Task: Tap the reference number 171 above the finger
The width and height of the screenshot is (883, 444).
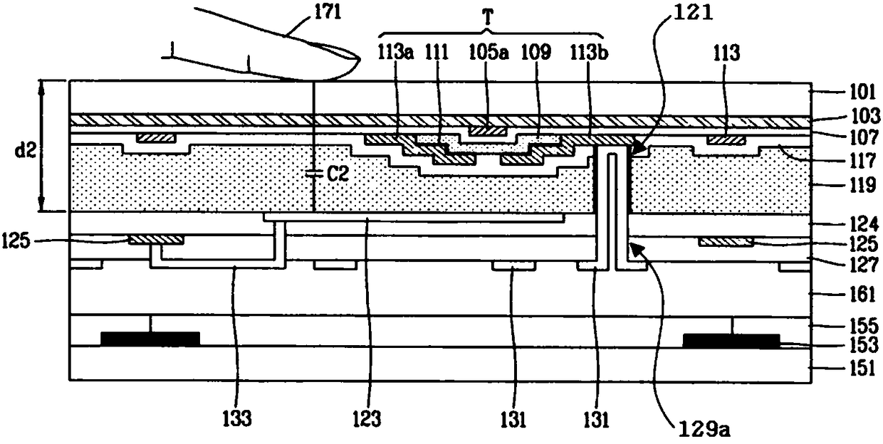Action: [327, 12]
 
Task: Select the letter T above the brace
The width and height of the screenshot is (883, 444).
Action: [488, 17]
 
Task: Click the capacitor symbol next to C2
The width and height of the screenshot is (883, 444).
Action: [313, 174]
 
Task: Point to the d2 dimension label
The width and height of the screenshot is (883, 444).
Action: [26, 150]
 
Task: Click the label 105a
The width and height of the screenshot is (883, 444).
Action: [488, 52]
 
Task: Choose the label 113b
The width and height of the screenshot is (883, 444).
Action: [589, 53]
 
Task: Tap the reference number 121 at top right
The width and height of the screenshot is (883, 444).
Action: [693, 13]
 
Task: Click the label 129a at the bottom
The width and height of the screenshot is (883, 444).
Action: [704, 429]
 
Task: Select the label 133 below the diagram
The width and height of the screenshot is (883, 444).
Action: [237, 418]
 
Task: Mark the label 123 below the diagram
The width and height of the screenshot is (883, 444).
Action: [367, 418]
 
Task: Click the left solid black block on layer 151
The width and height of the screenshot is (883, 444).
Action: [150, 339]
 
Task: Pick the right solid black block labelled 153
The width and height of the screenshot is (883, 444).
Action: [731, 341]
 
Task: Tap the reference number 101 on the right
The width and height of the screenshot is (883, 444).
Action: [862, 92]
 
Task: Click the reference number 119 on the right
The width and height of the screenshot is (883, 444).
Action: [862, 184]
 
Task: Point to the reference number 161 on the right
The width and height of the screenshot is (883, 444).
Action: [862, 294]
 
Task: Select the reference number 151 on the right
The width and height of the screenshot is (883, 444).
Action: [862, 369]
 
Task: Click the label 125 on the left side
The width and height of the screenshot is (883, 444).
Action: [16, 240]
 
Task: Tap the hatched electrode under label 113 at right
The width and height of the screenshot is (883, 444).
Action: [726, 140]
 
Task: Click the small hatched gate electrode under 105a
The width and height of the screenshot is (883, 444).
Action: [488, 130]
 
